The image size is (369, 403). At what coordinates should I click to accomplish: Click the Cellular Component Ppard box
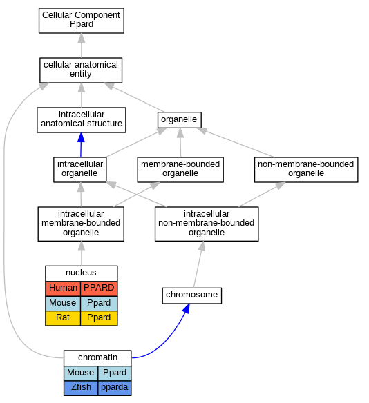(82, 21)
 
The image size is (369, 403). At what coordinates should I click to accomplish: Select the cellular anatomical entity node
(81, 70)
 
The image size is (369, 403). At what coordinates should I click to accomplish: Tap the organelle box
(180, 120)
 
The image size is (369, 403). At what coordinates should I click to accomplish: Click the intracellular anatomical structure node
(82, 120)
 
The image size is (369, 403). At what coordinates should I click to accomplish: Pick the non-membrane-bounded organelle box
(306, 170)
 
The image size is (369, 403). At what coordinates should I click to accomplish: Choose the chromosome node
(191, 295)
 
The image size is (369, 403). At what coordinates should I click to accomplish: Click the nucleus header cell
(82, 273)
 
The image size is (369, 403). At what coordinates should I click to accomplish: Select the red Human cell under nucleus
(63, 288)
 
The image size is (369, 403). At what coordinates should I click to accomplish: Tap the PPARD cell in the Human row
(99, 288)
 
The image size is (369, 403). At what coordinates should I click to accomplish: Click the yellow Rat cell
(63, 318)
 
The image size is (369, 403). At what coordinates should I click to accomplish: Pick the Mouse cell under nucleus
(63, 303)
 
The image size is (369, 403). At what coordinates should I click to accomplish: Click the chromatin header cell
(97, 358)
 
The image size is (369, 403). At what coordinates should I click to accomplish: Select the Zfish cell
(81, 388)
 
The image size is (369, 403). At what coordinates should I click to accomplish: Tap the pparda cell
(115, 388)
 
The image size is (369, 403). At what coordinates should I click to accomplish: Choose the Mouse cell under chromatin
(81, 373)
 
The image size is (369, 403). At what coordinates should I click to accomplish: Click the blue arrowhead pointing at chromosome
(187, 308)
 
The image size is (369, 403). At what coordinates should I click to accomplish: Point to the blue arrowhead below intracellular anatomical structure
(81, 137)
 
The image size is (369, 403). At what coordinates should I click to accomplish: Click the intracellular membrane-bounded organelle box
(81, 224)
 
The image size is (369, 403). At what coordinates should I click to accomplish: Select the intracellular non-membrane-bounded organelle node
(207, 224)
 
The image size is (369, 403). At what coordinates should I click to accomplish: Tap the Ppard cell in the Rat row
(99, 318)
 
